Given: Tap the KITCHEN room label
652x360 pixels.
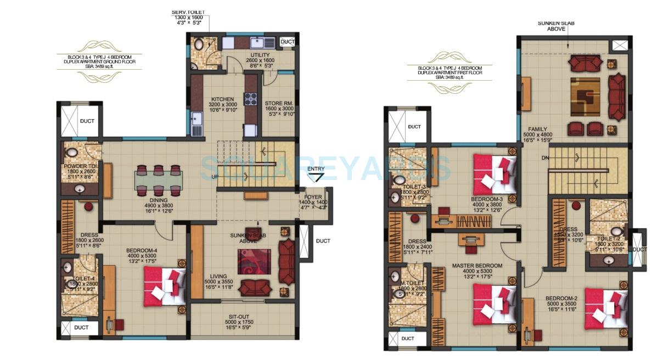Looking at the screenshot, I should (223, 99).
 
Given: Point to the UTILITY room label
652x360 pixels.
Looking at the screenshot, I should (261, 56).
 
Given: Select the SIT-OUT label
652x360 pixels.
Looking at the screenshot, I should (240, 317).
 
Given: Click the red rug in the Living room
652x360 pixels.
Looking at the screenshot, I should (254, 262).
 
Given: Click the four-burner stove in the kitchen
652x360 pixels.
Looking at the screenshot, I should (251, 99).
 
